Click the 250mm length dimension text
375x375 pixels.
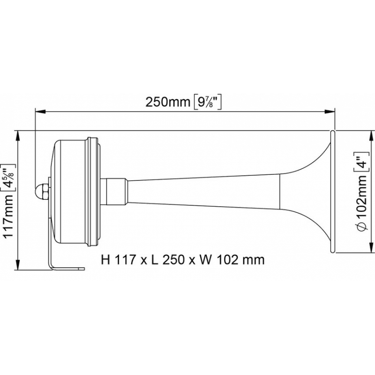(168, 102)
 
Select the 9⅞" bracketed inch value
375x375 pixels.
(207, 102)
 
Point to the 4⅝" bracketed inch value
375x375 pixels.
(9, 178)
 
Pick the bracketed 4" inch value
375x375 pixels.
(361, 162)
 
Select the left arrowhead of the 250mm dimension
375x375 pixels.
(40, 111)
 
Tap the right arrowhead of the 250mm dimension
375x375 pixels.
(330, 111)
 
